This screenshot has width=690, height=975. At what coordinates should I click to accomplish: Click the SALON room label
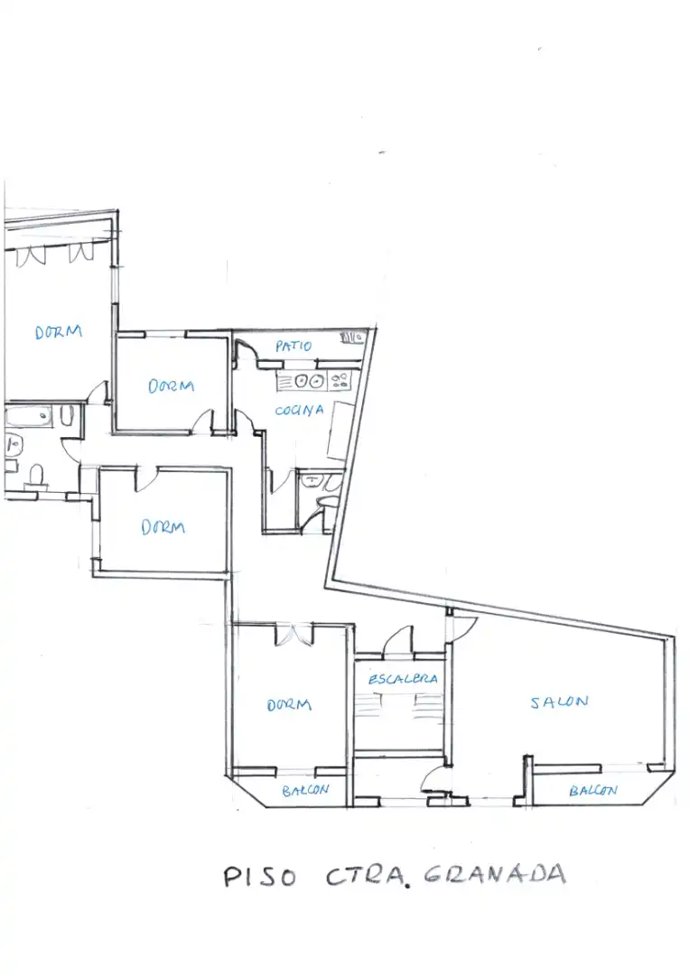coord(559,701)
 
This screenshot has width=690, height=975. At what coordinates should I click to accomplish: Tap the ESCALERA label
coord(403,678)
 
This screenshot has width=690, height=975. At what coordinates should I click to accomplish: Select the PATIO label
coord(293,346)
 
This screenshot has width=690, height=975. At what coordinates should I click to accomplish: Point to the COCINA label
coord(299,410)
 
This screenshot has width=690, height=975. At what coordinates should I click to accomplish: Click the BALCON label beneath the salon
coord(593,790)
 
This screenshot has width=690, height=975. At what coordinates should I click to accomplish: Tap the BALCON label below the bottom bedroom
coord(305,790)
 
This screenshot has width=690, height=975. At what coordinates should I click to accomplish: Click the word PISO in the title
coord(259,877)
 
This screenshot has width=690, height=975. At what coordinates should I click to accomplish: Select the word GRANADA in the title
coord(495,874)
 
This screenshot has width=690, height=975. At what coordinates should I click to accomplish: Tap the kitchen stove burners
coord(340,380)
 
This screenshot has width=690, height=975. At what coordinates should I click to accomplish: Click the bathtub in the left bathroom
coord(29,416)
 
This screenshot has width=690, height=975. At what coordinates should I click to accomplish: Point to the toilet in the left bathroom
coord(36,476)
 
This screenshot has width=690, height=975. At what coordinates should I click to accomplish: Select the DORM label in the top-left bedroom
coord(59,331)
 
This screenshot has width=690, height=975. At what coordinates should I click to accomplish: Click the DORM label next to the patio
coord(171,385)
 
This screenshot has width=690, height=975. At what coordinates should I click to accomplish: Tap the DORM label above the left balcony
coord(289,704)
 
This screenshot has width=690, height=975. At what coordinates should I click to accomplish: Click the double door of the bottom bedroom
coord(294,635)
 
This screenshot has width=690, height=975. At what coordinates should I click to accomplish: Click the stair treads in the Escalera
coord(399,705)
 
